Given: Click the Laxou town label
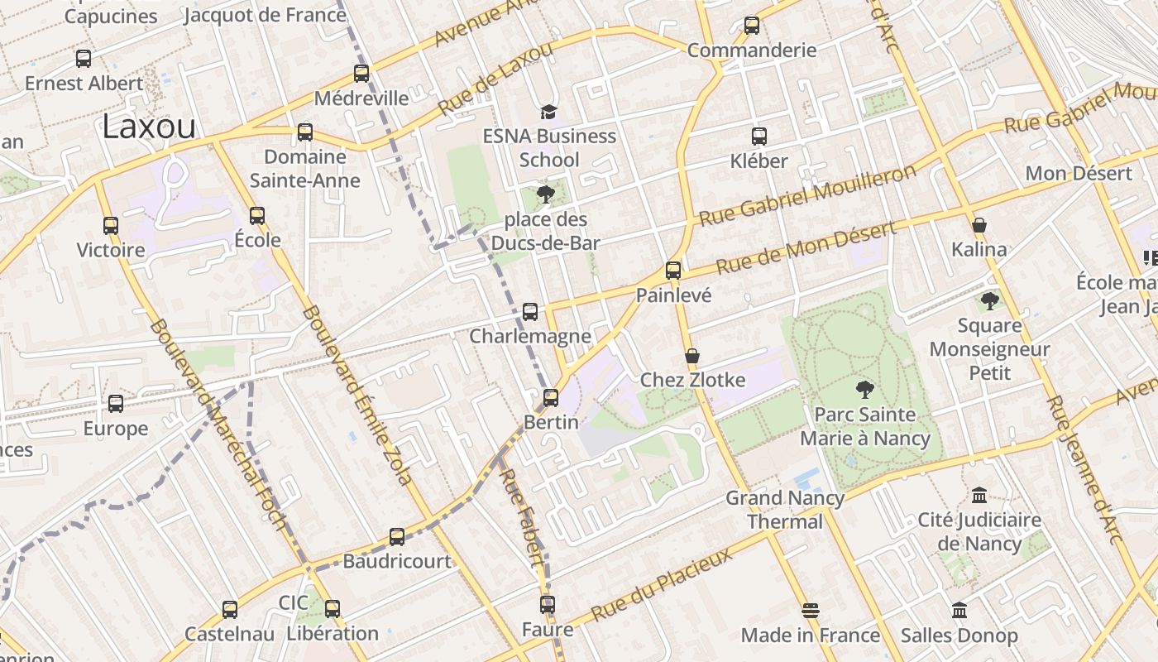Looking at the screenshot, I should [x=150, y=127].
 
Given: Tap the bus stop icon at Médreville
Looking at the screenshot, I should [x=361, y=73].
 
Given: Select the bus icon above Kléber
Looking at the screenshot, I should [x=759, y=137].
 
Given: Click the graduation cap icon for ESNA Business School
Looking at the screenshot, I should [x=548, y=112].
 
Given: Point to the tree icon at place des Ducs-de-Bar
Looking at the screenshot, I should [x=545, y=194].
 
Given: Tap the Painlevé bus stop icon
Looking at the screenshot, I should [x=673, y=270].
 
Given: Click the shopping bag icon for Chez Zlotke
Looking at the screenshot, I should [x=692, y=357].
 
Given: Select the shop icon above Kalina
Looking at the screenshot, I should [x=979, y=225].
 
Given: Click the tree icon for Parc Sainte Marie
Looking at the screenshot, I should [x=865, y=389].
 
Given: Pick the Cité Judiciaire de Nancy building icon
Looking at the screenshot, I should [x=979, y=495].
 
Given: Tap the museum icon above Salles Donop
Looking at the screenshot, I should [x=959, y=611].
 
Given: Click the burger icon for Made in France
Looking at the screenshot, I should [x=811, y=611].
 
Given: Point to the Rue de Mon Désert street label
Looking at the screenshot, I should [x=806, y=248].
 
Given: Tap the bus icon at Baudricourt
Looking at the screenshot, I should [x=397, y=536].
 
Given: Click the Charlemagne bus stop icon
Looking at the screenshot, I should [x=530, y=312].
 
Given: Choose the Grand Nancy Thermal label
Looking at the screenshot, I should [x=785, y=510].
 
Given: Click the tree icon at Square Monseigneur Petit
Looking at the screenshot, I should [x=989, y=301].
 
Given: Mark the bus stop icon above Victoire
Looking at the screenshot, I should [x=111, y=225].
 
